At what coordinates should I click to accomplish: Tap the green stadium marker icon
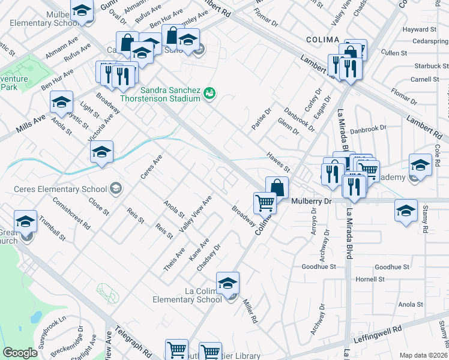click(209, 93)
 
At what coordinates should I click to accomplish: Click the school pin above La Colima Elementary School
click(228, 284)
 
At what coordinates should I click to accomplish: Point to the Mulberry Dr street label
click(311, 202)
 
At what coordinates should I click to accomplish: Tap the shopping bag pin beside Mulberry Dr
click(277, 188)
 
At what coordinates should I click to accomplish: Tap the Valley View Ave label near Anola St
click(195, 214)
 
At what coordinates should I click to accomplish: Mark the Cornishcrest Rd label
click(70, 215)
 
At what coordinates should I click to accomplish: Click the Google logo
click(20, 353)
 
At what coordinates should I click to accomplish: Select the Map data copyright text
click(423, 355)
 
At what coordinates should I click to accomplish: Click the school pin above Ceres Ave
click(101, 153)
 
